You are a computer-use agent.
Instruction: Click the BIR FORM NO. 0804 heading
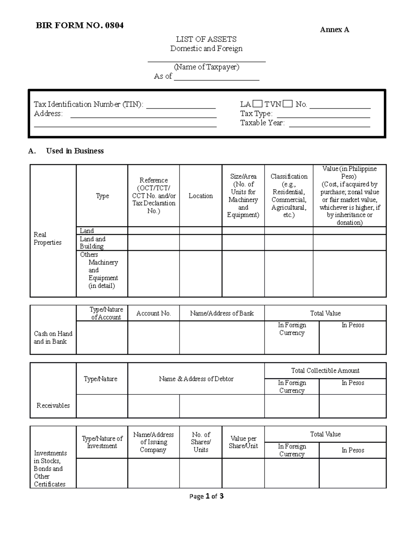pyautogui.click(x=80, y=25)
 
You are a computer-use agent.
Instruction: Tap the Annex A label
pyautogui.click(x=334, y=30)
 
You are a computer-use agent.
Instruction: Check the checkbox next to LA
pyautogui.click(x=257, y=104)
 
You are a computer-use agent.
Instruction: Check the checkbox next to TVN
pyautogui.click(x=287, y=104)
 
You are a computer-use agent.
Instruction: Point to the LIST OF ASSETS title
pyautogui.click(x=206, y=39)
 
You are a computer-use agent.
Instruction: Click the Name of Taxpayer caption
pyautogui.click(x=206, y=67)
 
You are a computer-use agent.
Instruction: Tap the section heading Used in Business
pyautogui.click(x=75, y=151)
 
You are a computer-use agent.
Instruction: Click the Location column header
pyautogui.click(x=201, y=196)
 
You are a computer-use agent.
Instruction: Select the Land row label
pyautogui.click(x=87, y=231)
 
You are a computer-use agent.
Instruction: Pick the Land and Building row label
pyautogui.click(x=92, y=242)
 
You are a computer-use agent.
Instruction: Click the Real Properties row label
pyautogui.click(x=47, y=238)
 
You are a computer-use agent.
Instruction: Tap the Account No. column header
pyautogui.click(x=153, y=313)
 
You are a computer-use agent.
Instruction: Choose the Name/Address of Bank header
pyautogui.click(x=222, y=313)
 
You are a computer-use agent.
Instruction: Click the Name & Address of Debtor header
pyautogui.click(x=196, y=379)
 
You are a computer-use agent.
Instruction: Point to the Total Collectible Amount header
pyautogui.click(x=325, y=371)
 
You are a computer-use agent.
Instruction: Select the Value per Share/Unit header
pyautogui.click(x=243, y=442)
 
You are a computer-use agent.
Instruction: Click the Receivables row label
pyautogui.click(x=53, y=405)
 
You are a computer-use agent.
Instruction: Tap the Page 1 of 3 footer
pyautogui.click(x=206, y=496)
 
